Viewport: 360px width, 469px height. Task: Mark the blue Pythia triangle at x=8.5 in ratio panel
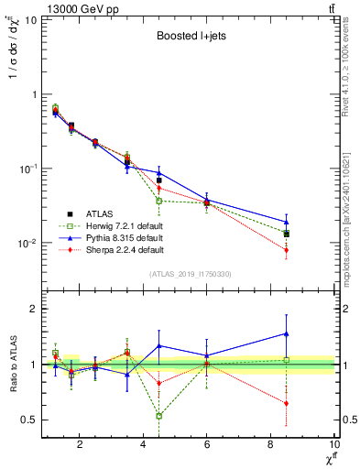287,333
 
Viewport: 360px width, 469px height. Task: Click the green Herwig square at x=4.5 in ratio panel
159,416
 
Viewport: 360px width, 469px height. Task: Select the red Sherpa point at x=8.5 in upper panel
287,250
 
